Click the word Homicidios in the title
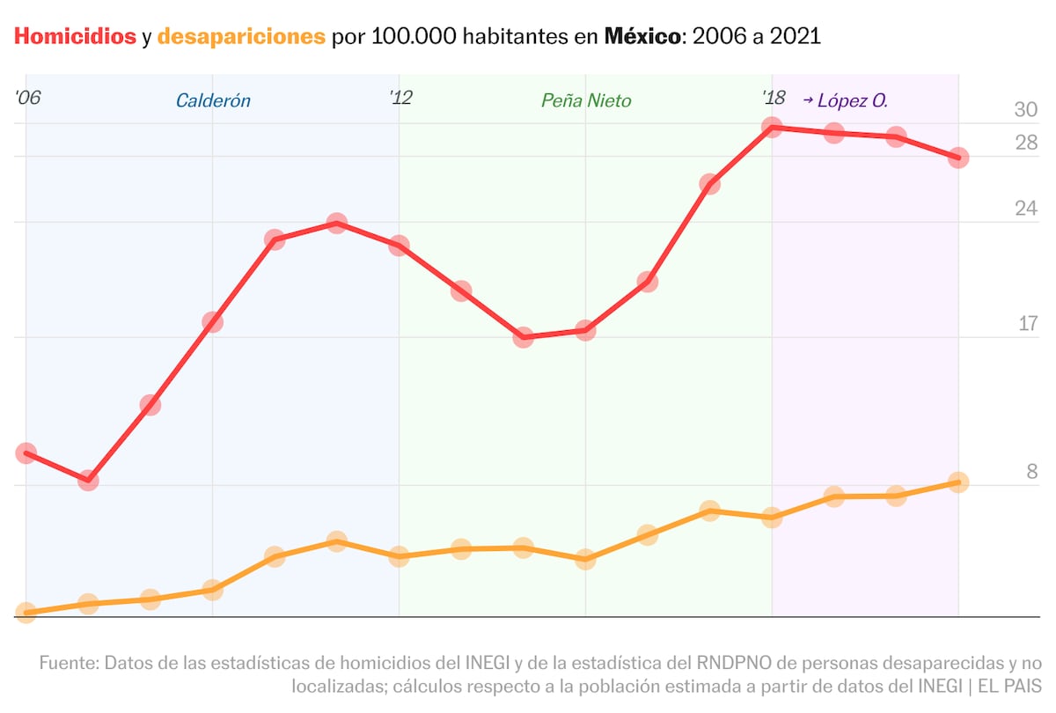click(x=75, y=36)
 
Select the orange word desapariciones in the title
click(x=241, y=37)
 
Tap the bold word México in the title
click(x=642, y=36)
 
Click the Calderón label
click(x=213, y=100)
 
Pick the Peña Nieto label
click(x=586, y=100)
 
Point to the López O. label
click(x=853, y=100)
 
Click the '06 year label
click(x=28, y=98)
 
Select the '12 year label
click(x=400, y=98)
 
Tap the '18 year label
click(x=774, y=98)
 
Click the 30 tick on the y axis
click(x=1026, y=109)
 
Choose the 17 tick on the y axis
click(x=1028, y=324)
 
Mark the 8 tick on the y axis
click(x=1032, y=472)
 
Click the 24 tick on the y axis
click(x=1026, y=209)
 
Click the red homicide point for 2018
click(x=772, y=128)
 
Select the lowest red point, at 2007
click(x=88, y=481)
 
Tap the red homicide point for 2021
click(x=958, y=158)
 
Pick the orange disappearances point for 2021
click(x=958, y=482)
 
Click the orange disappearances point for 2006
click(x=26, y=613)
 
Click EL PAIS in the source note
click(x=1010, y=686)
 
